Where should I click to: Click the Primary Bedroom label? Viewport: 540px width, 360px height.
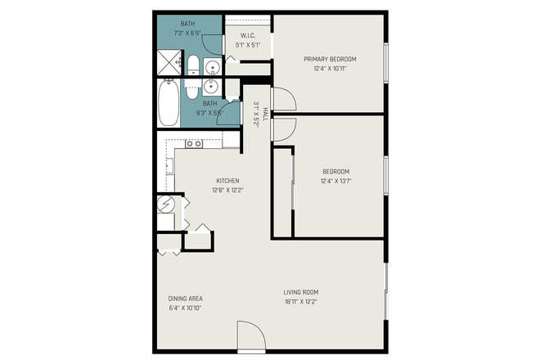pyautogui.click(x=330, y=59)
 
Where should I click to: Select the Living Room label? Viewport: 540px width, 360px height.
pyautogui.click(x=301, y=292)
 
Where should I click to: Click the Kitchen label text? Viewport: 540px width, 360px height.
pyautogui.click(x=227, y=181)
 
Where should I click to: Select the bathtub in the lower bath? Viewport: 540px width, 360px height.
pyautogui.click(x=168, y=102)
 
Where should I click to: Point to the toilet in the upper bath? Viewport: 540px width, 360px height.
pyautogui.click(x=193, y=66)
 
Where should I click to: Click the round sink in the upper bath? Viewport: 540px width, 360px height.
pyautogui.click(x=211, y=68)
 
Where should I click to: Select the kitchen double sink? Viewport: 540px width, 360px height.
pyautogui.click(x=194, y=144)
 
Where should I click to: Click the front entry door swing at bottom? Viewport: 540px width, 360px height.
pyautogui.click(x=251, y=335)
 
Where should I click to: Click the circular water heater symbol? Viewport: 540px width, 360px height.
pyautogui.click(x=165, y=204)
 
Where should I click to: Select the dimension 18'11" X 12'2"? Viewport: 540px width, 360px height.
pyautogui.click(x=301, y=302)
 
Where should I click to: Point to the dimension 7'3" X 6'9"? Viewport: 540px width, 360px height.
pyautogui.click(x=187, y=34)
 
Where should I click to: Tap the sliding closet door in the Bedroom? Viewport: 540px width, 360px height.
pyautogui.click(x=293, y=192)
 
